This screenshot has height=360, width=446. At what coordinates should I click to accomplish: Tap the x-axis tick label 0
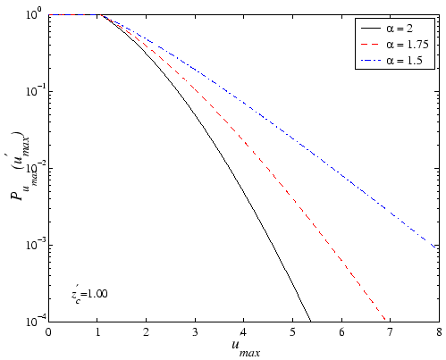[x=48, y=332]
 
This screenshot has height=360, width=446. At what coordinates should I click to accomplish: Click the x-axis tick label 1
[x=97, y=332]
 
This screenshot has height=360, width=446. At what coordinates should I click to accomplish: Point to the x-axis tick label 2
[x=146, y=332]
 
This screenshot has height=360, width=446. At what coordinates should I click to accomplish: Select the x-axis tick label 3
[x=195, y=332]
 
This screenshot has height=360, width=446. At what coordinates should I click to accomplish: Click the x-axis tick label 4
[x=243, y=332]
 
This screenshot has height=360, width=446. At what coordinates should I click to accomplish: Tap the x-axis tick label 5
[x=292, y=332]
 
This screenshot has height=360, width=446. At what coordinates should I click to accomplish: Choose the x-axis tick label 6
[x=341, y=332]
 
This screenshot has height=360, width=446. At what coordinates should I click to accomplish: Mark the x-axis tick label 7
[x=390, y=332]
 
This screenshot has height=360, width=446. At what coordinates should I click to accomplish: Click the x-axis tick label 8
[x=438, y=332]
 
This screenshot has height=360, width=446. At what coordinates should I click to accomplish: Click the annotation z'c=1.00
[x=89, y=294]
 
